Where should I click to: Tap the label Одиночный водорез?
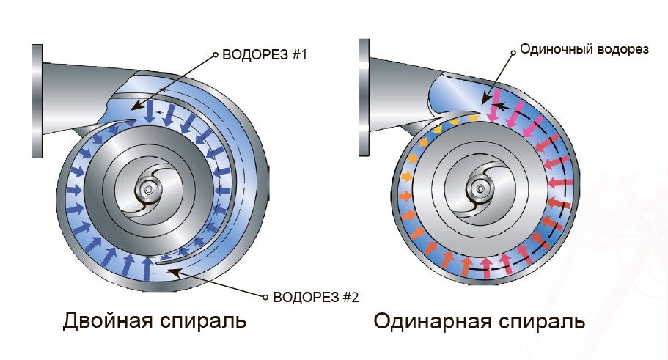coord(584,50)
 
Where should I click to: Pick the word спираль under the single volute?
coord(541,322)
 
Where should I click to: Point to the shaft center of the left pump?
coord(150,192)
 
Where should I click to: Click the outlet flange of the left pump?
coord(36,102)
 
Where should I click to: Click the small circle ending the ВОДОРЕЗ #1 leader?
coord(215,54)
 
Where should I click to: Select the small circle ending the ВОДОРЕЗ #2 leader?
coord(265,297)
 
